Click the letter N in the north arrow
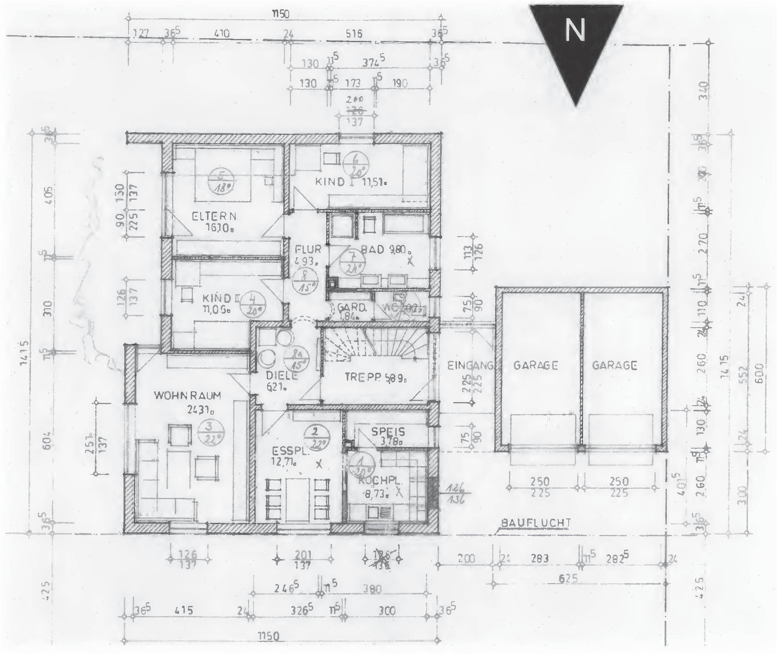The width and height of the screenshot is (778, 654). tap(575, 31)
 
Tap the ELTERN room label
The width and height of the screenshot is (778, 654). tap(214, 216)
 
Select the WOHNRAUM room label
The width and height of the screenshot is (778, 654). tap(188, 395)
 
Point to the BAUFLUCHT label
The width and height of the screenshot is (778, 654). tap(536, 523)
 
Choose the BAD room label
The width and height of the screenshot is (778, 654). tap(373, 250)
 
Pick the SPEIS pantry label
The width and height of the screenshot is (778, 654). tap(388, 431)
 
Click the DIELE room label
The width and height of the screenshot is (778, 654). tap(282, 375)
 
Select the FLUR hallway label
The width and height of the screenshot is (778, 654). tap(308, 249)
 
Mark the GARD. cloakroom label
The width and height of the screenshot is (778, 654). tap(351, 307)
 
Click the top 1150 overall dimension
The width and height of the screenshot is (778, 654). tap(281, 14)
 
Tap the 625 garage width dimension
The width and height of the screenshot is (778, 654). tap(568, 578)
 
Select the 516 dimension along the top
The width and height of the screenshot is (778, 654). tap(354, 34)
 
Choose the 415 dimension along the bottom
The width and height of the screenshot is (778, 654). tap(184, 611)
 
